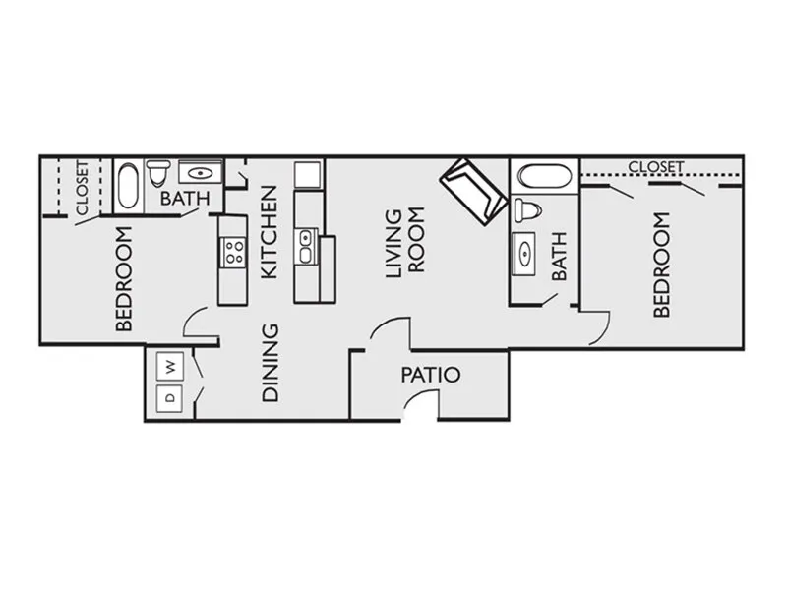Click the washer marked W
[169, 366]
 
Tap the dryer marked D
[169, 398]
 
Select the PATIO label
[431, 375]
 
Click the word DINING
[270, 363]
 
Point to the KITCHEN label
[270, 232]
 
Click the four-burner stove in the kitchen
[233, 253]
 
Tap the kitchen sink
[306, 247]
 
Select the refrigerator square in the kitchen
[308, 175]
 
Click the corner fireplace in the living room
[474, 192]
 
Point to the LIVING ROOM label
[405, 243]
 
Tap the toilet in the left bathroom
[158, 172]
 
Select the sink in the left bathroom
[201, 173]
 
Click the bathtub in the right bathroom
[545, 177]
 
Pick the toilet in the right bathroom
[527, 210]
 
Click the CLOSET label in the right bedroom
[655, 167]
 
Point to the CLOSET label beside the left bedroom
[82, 188]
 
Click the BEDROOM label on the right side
[661, 265]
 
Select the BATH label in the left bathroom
[185, 199]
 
